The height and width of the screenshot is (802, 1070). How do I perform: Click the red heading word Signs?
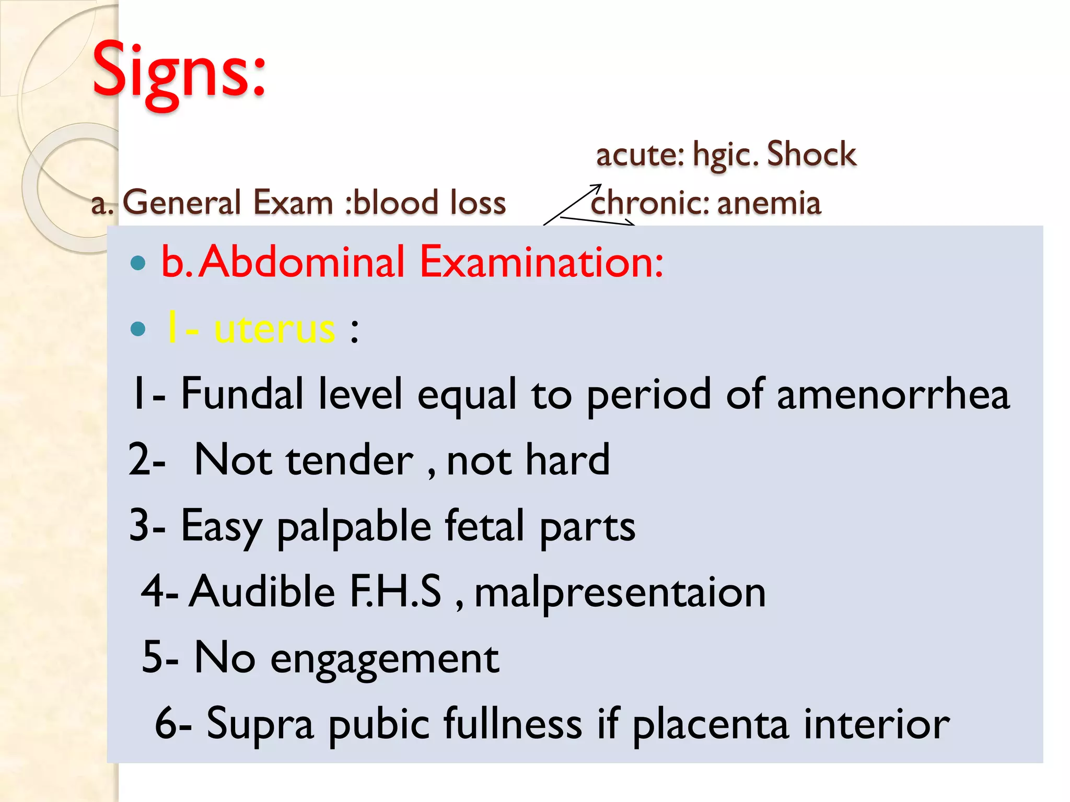tap(179, 70)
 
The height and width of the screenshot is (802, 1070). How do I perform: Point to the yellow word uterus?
tap(274, 329)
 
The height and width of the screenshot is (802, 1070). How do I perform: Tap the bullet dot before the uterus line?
tap(138, 329)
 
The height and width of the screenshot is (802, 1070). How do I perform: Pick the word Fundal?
tap(242, 394)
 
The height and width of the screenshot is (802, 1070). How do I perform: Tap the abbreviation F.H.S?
tap(396, 592)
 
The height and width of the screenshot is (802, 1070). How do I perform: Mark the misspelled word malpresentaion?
tap(620, 593)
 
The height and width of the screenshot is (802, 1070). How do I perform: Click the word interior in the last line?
tap(876, 724)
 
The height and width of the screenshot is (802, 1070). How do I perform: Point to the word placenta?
tap(710, 725)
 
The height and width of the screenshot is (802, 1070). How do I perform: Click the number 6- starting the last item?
tap(173, 724)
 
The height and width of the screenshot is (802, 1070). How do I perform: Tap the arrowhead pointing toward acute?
tap(597, 186)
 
